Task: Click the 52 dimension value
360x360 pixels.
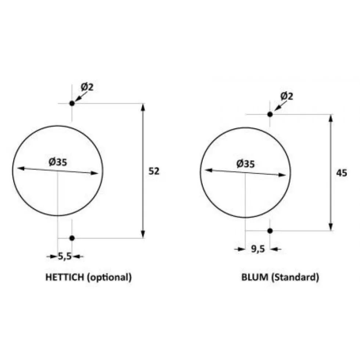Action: tap(154, 171)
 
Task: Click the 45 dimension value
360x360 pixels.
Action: tap(341, 173)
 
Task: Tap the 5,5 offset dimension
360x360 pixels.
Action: tap(65, 256)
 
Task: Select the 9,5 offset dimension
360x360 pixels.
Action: tap(258, 249)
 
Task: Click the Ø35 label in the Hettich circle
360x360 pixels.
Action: tap(58, 162)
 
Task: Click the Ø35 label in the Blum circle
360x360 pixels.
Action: tap(245, 164)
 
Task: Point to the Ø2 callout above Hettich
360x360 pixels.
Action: tap(87, 87)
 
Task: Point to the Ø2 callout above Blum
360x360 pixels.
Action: tap(287, 96)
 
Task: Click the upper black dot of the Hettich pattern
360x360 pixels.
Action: tap(72, 103)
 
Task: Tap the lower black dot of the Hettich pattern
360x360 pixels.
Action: tap(72, 238)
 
